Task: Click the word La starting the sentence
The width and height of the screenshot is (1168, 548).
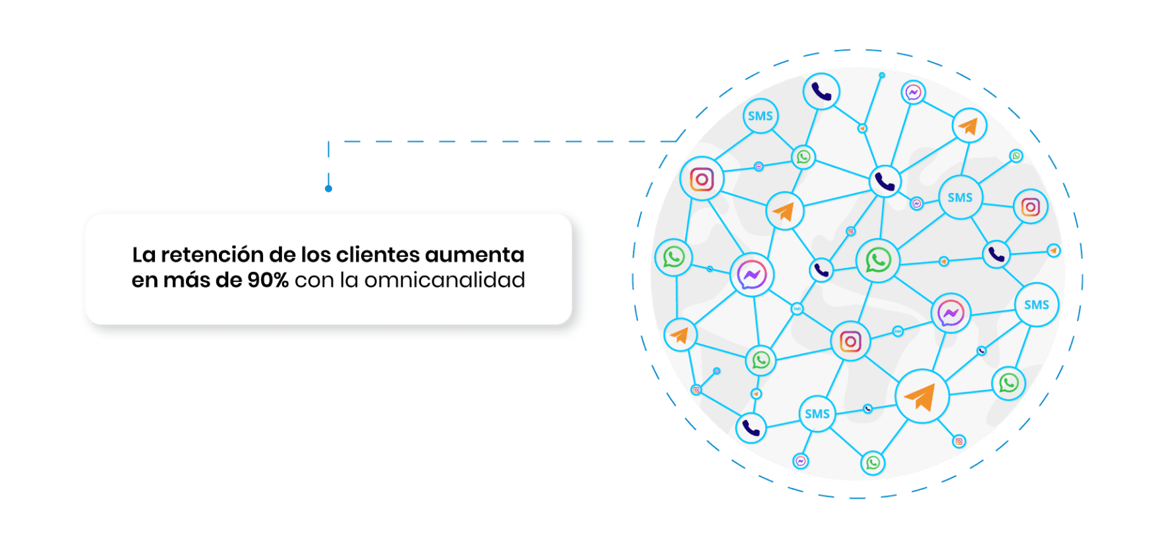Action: (x=143, y=255)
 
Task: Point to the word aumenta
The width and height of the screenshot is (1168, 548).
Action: (x=475, y=255)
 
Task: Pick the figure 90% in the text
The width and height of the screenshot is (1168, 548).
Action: (x=268, y=281)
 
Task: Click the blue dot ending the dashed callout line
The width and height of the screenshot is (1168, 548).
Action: (x=328, y=189)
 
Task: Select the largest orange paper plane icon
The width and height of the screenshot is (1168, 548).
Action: (x=921, y=397)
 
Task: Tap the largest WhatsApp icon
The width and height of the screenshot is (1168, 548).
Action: (x=878, y=260)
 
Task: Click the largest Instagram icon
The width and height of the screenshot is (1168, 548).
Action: (x=702, y=179)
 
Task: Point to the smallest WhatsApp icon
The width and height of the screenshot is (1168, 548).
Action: (x=1016, y=156)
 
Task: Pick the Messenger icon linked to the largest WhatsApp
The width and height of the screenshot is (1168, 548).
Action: (x=950, y=314)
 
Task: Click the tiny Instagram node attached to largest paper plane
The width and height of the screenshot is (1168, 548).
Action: (x=959, y=441)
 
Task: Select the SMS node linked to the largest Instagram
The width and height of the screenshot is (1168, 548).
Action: (x=760, y=117)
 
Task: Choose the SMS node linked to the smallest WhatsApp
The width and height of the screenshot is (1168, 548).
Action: (x=960, y=198)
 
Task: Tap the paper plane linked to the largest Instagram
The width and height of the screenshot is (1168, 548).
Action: (x=784, y=211)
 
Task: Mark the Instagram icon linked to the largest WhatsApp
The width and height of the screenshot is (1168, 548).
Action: (x=850, y=341)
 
